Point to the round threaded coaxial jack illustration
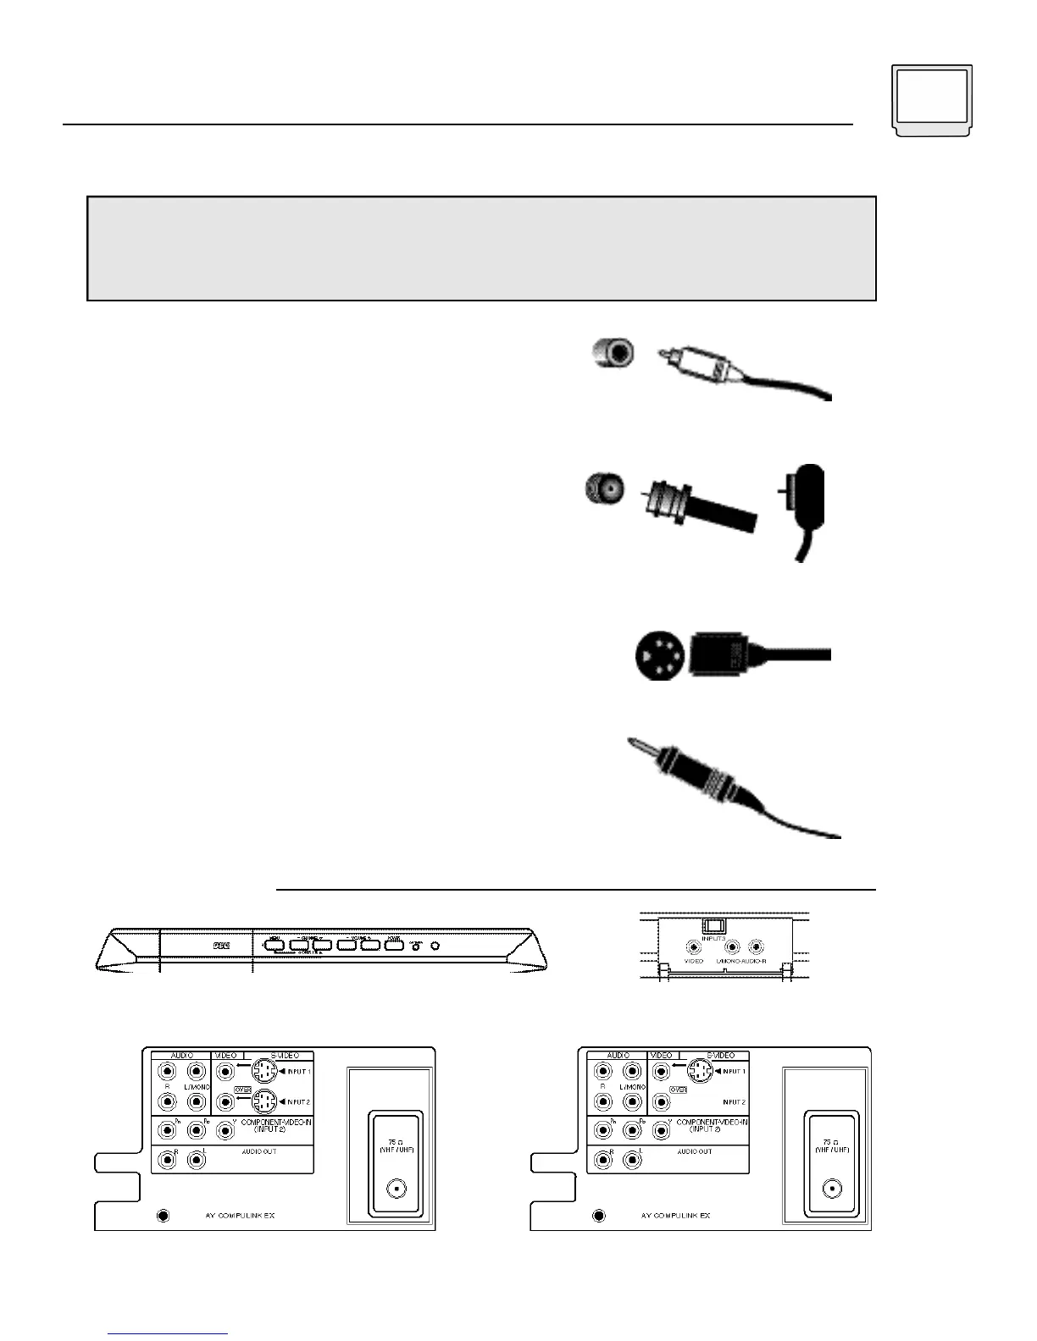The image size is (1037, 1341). [x=605, y=488]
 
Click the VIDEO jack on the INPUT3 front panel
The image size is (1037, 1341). [x=694, y=947]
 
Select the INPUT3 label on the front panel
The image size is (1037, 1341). [x=713, y=937]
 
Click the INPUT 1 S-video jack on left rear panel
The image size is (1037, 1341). [x=265, y=1072]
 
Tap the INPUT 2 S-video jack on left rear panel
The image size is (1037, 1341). [x=265, y=1102]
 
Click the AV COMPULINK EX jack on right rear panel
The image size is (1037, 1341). [x=599, y=1216]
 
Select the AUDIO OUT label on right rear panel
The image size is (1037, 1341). [x=695, y=1151]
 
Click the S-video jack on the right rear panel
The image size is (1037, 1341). [x=699, y=1072]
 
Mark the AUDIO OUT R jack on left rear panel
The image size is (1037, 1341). [x=167, y=1159]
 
